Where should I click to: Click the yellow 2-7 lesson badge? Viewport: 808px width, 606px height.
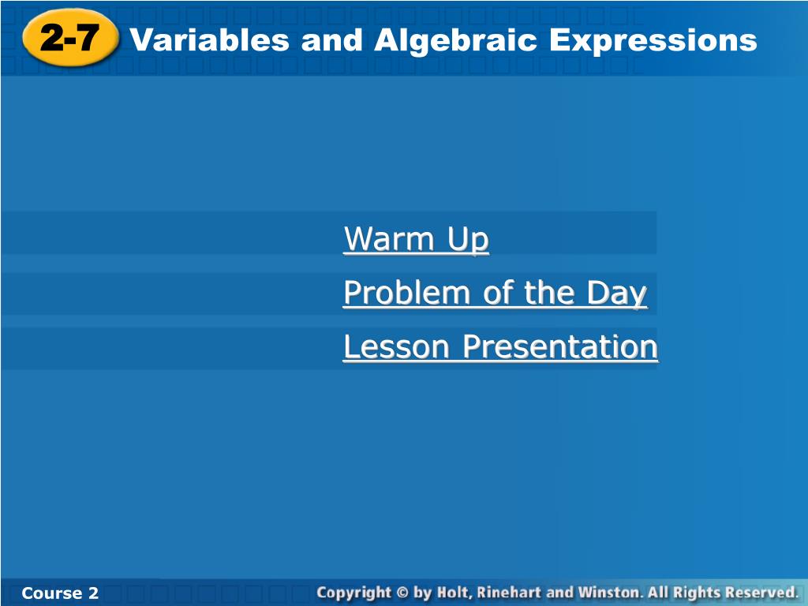[70, 38]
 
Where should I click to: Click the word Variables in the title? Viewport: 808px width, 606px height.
[209, 39]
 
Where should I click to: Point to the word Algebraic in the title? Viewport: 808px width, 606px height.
[456, 41]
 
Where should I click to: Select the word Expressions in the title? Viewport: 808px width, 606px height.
[653, 41]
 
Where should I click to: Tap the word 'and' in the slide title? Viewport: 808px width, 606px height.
[332, 39]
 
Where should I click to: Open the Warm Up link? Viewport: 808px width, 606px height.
[416, 238]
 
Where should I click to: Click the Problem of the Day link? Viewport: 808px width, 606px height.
[496, 293]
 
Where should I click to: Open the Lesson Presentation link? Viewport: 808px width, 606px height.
[500, 346]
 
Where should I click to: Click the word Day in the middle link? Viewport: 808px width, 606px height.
[616, 294]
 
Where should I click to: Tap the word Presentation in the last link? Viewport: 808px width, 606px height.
[560, 346]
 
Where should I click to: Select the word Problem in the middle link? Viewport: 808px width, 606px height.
[406, 293]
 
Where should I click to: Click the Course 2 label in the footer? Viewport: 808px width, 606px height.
[60, 593]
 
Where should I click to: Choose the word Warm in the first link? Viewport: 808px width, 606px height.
[389, 238]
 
